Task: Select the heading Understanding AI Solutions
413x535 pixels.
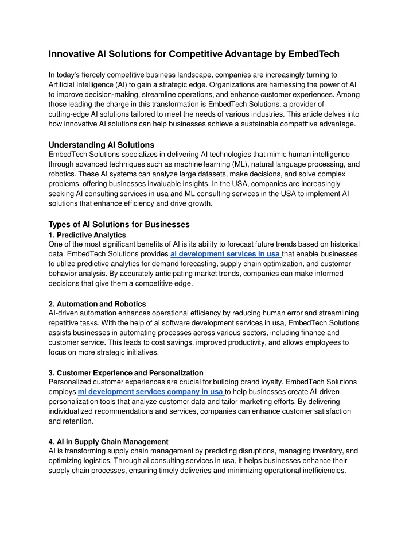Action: pyautogui.click(x=102, y=144)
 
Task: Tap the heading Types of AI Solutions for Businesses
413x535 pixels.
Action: pyautogui.click(x=119, y=224)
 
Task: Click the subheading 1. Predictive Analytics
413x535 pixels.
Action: pyautogui.click(x=87, y=234)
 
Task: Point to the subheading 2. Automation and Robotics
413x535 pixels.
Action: pyautogui.click(x=98, y=303)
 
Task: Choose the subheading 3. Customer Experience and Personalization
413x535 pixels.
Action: pyautogui.click(x=126, y=372)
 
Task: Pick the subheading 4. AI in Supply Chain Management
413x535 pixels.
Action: pyautogui.click(x=109, y=441)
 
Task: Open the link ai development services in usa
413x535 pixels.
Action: pyautogui.click(x=225, y=253)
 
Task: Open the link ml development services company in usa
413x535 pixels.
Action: pyautogui.click(x=150, y=391)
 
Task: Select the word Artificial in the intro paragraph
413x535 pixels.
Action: pyautogui.click(x=63, y=84)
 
